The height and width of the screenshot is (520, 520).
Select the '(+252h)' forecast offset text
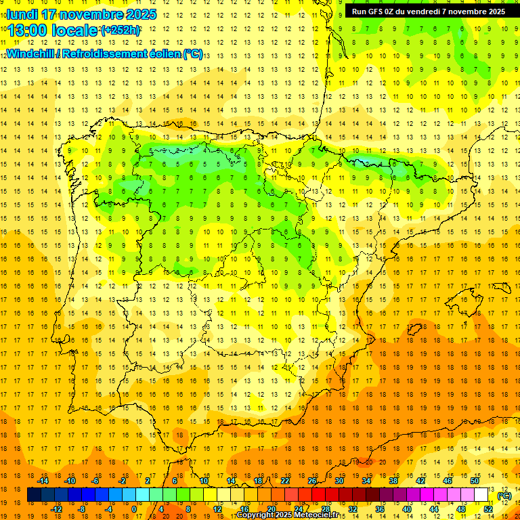pyautogui.click(x=121, y=30)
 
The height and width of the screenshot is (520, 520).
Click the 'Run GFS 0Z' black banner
pyautogui.click(x=428, y=12)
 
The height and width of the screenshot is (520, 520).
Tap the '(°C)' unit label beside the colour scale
pyautogui.click(x=504, y=496)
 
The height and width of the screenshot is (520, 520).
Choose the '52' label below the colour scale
pyautogui.click(x=488, y=509)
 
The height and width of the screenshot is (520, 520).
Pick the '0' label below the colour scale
pyautogui.click(x=134, y=509)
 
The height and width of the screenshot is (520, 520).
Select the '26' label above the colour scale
pyautogui.click(x=312, y=481)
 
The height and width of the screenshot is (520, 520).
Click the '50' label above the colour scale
pyautogui.click(x=475, y=481)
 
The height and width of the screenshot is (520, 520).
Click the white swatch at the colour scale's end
pyautogui.click(x=481, y=496)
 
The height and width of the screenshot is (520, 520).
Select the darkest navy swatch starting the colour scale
pyautogui.click(x=34, y=496)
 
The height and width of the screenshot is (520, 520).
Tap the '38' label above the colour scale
pyautogui.click(x=393, y=481)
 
